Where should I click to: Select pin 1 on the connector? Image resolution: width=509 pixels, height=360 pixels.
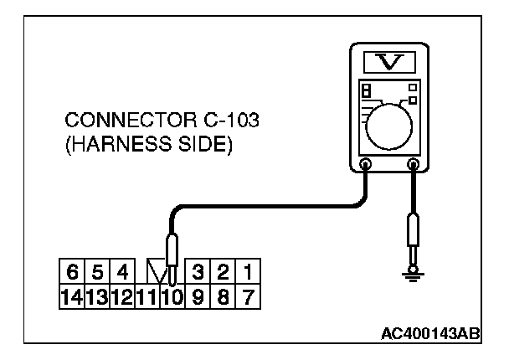pyautogui.click(x=249, y=272)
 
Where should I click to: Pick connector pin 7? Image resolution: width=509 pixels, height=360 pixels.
pyautogui.click(x=249, y=295)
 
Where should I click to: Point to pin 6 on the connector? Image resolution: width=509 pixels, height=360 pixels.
pyautogui.click(x=73, y=272)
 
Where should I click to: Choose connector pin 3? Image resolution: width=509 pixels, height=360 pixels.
pyautogui.click(x=199, y=272)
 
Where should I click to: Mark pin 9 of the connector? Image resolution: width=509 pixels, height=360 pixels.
pyautogui.click(x=199, y=295)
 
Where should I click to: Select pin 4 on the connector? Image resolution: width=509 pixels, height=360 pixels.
pyautogui.click(x=121, y=272)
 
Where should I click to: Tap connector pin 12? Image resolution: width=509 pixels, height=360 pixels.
pyautogui.click(x=121, y=295)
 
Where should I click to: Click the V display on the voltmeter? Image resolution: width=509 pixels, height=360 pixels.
pyautogui.click(x=389, y=61)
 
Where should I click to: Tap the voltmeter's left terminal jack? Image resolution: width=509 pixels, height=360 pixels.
pyautogui.click(x=365, y=165)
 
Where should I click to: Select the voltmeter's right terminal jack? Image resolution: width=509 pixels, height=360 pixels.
pyautogui.click(x=413, y=165)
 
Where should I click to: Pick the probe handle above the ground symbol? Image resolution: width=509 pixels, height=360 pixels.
pyautogui.click(x=413, y=230)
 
